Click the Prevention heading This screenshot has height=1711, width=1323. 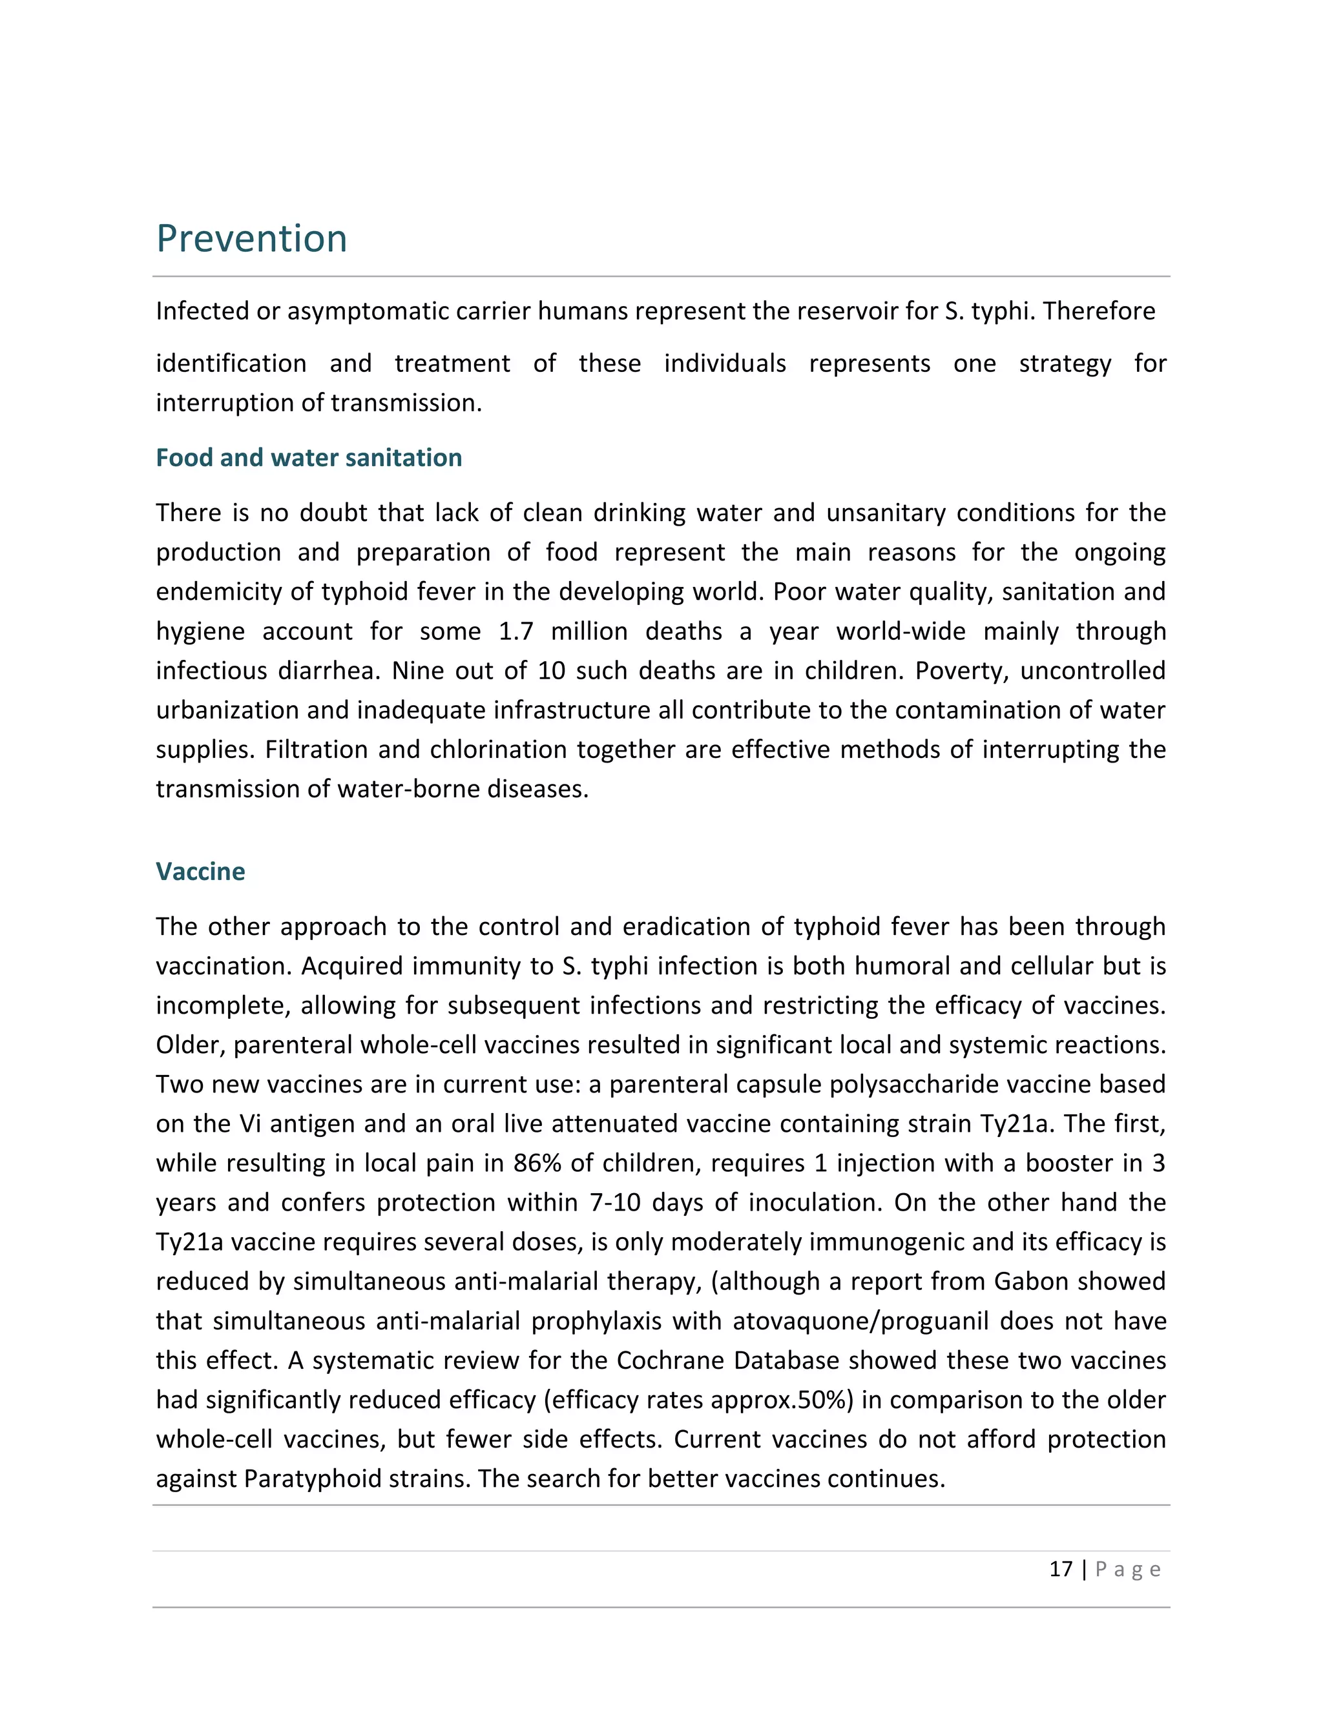pyautogui.click(x=251, y=239)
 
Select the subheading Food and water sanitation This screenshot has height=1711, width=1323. pyautogui.click(x=309, y=458)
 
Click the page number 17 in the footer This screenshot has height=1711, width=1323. pyautogui.click(x=1061, y=1569)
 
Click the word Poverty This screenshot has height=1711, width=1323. pyautogui.click(x=960, y=671)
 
